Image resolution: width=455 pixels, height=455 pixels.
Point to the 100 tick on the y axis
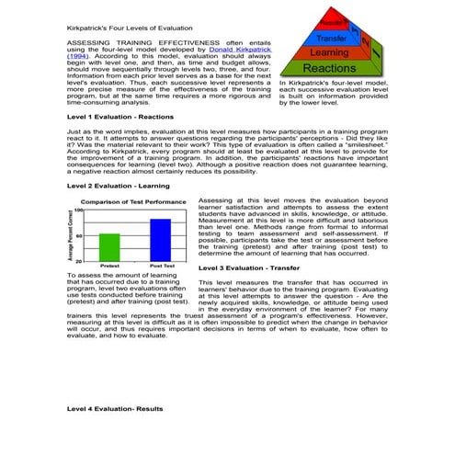click(80, 210)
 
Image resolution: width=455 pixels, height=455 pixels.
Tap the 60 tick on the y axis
click(81, 236)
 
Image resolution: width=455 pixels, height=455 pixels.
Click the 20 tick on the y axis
click(81, 261)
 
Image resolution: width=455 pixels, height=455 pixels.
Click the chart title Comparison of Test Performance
click(134, 201)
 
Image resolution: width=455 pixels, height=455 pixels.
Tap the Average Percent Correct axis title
click(72, 234)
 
